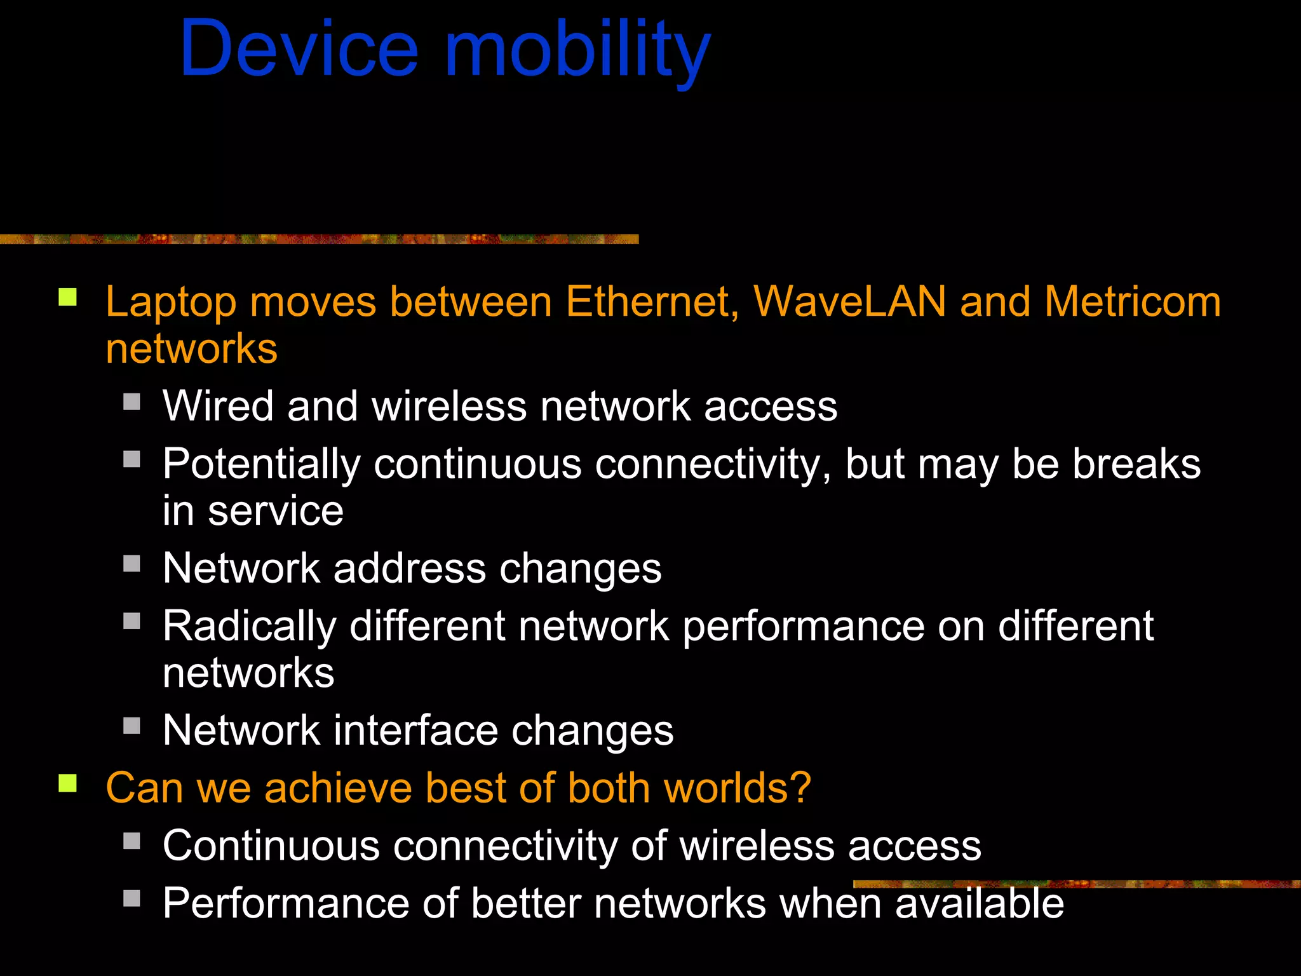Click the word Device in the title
(299, 49)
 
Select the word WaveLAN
(849, 301)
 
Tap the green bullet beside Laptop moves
(68, 297)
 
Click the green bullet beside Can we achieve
(68, 783)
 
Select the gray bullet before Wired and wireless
(131, 402)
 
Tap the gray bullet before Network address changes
(131, 564)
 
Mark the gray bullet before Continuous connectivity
(131, 841)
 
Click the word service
(276, 512)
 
